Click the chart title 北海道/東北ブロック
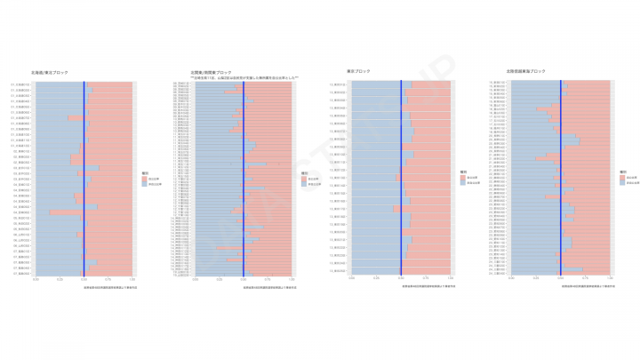54,71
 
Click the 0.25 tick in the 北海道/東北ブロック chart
60,279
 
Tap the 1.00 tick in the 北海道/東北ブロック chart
132,279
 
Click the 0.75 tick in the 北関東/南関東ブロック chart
268,279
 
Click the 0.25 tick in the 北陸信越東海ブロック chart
535,279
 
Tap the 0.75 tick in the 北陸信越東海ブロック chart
585,279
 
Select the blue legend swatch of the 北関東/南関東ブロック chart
302,184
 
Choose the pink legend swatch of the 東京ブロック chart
462,178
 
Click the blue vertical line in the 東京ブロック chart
401,178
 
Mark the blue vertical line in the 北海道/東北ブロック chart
84,178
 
